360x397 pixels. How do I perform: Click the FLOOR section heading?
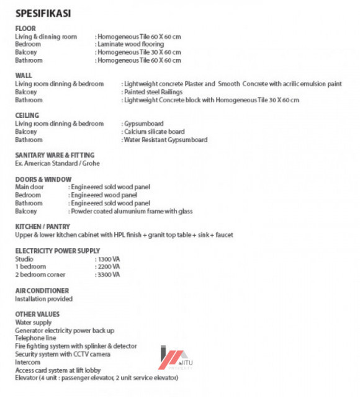click(x=25, y=29)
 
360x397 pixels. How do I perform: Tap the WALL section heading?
click(x=24, y=75)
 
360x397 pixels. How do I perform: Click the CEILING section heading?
click(x=27, y=115)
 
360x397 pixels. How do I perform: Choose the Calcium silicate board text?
click(x=154, y=132)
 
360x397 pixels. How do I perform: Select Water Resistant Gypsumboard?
click(x=165, y=140)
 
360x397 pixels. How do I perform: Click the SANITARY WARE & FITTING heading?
click(x=55, y=155)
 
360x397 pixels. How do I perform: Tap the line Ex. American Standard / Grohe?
click(x=57, y=163)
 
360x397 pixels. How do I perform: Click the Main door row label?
click(x=29, y=187)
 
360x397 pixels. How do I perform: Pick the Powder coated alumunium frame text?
click(x=132, y=211)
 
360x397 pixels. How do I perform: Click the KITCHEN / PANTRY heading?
click(x=42, y=226)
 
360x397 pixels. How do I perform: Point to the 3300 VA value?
click(x=107, y=274)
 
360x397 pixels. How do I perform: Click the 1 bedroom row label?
click(x=30, y=267)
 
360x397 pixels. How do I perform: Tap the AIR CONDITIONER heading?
click(x=42, y=290)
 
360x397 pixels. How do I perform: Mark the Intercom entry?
click(x=27, y=362)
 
